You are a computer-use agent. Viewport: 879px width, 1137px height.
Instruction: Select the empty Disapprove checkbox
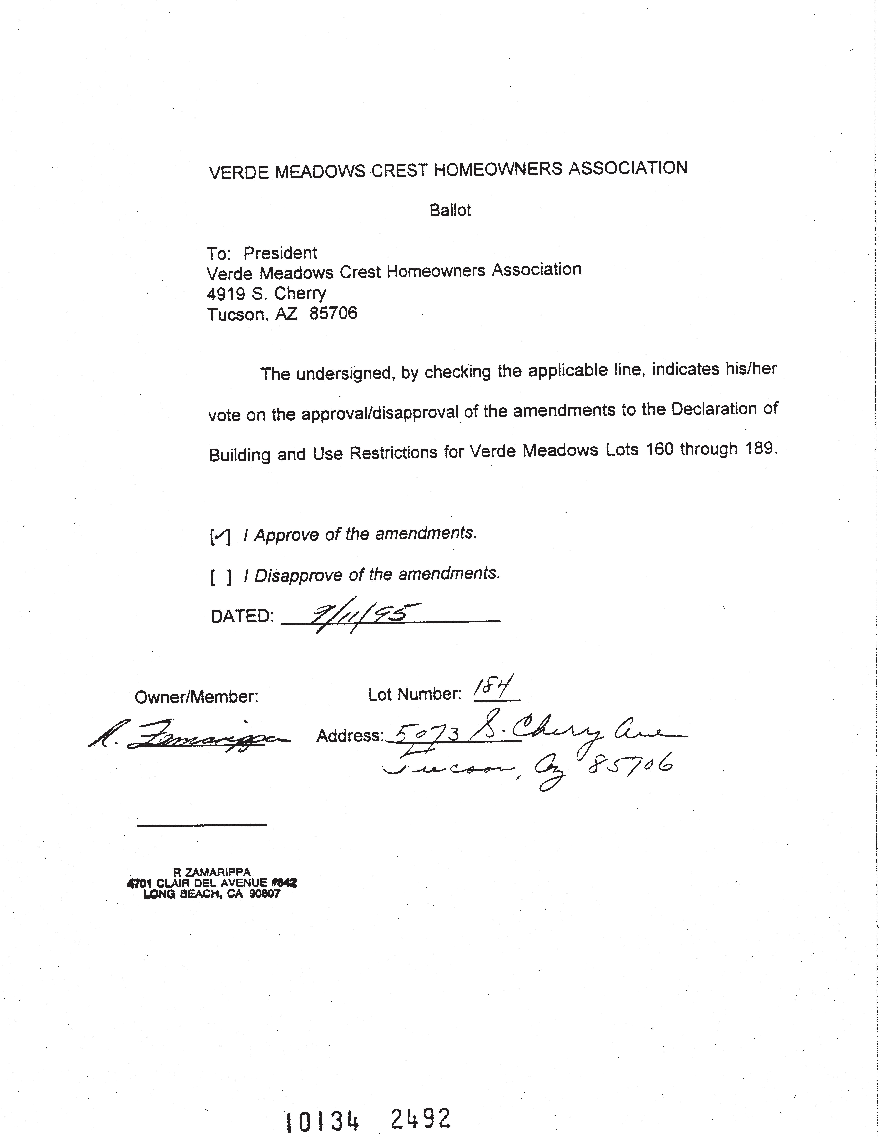(220, 577)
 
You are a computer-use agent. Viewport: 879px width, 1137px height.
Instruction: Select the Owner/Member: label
(196, 697)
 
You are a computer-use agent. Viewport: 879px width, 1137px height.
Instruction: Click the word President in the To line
(280, 253)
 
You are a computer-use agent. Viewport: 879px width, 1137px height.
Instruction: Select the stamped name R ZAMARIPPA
(211, 872)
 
